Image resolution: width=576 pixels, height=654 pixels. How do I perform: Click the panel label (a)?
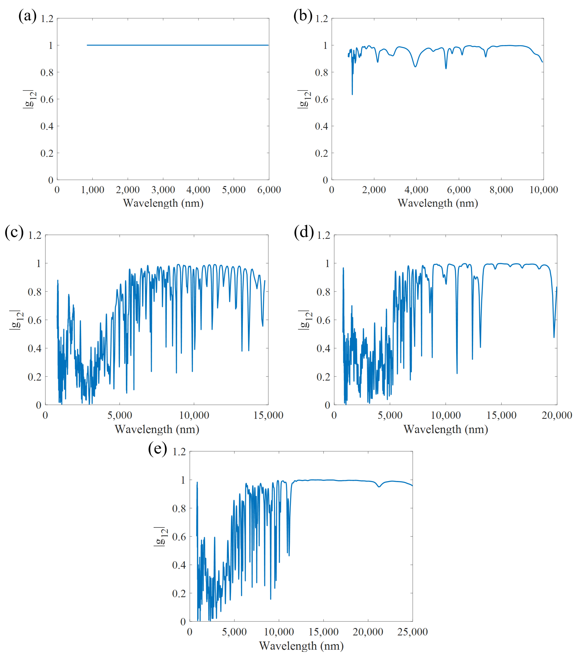[x=27, y=16]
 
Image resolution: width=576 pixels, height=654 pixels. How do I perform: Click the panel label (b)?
[x=303, y=16]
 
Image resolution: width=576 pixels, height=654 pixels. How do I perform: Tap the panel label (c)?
[x=14, y=232]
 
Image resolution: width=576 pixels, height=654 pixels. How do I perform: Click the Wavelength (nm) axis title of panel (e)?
[x=301, y=646]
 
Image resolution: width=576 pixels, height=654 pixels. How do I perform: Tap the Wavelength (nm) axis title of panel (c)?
[x=157, y=429]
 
